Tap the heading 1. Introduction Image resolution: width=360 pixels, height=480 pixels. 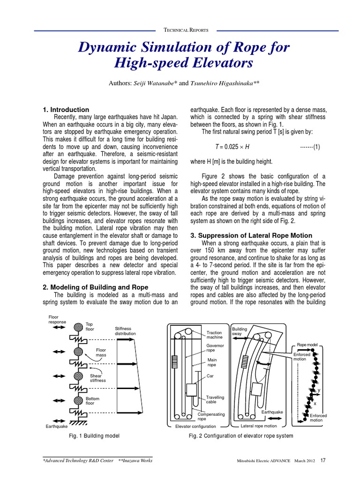tap(66, 110)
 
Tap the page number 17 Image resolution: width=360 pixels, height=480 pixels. tap(323, 460)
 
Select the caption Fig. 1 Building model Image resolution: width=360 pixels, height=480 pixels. tap(94, 436)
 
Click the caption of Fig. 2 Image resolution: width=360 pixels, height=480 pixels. tap(240, 436)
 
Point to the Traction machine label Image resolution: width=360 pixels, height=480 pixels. tap(215, 335)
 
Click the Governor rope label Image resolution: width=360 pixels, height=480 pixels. tap(215, 348)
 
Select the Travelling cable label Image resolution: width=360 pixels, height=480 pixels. tap(215, 399)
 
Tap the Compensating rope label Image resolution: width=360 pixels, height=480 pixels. tap(211, 417)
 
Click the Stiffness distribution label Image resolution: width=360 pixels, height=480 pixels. tap(125, 331)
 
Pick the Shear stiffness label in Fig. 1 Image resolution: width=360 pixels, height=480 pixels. tap(98, 378)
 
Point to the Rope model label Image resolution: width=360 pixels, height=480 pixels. tap(307, 345)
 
